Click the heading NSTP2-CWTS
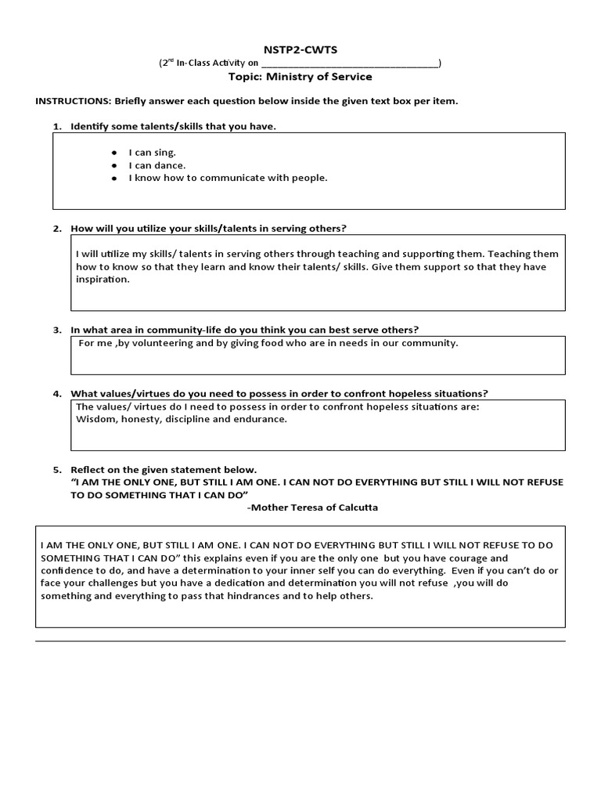tap(300, 49)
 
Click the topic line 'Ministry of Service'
tap(300, 77)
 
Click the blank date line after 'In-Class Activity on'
tap(349, 63)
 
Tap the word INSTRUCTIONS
tap(73, 102)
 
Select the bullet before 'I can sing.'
tap(113, 153)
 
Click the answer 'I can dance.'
tap(157, 165)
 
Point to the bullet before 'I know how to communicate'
tap(113, 179)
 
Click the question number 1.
tap(56, 127)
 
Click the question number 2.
tap(56, 229)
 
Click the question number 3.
tap(56, 331)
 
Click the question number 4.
tap(56, 394)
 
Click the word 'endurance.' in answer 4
tap(263, 419)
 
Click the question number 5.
tap(56, 470)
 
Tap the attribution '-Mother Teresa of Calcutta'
tap(312, 508)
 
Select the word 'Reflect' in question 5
tap(88, 470)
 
